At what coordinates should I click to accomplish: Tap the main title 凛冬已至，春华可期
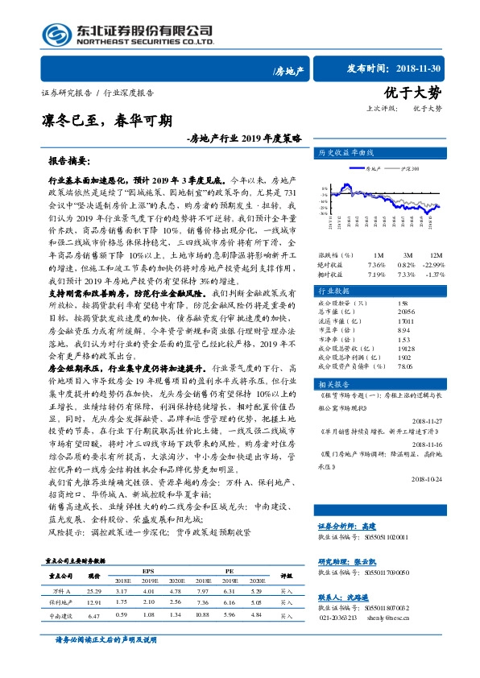(x=106, y=122)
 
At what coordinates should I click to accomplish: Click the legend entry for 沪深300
(x=409, y=170)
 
